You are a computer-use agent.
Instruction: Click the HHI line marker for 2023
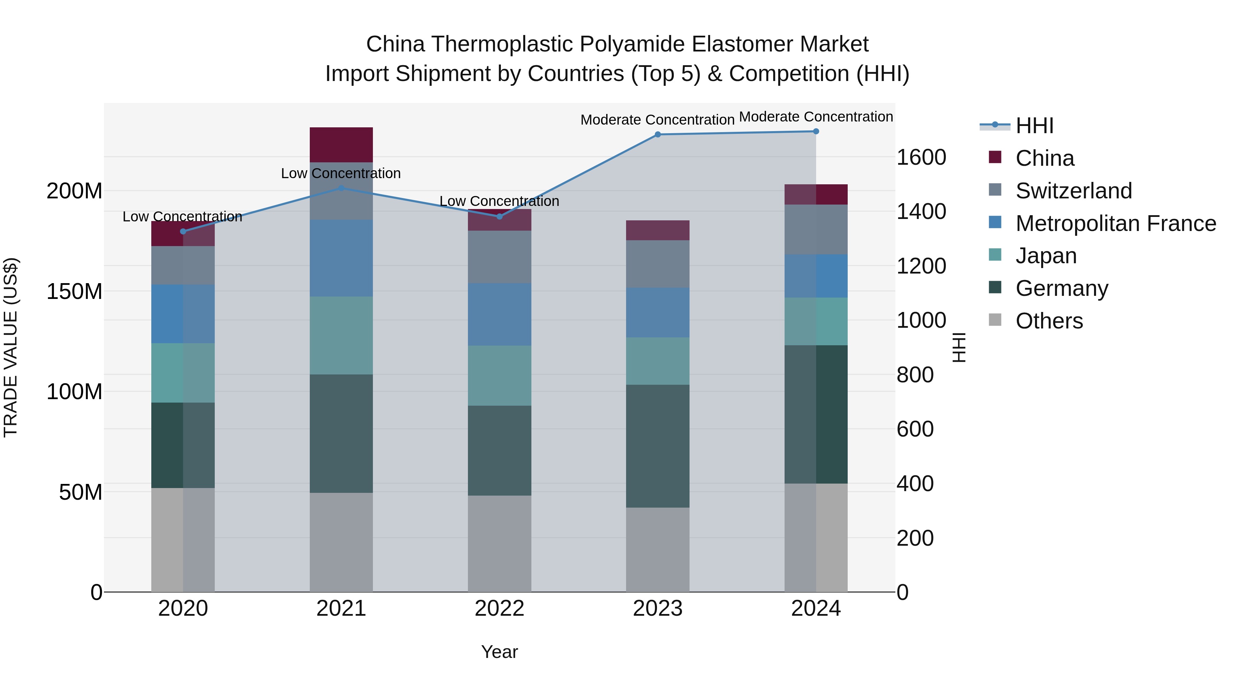[x=658, y=135]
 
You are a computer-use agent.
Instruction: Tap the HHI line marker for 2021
[x=341, y=188]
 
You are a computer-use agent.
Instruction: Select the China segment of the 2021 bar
[x=341, y=145]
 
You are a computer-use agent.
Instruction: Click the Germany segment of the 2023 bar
[x=658, y=446]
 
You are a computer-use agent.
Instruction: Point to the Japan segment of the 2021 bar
[x=341, y=335]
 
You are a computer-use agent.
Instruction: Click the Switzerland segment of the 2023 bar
[x=658, y=264]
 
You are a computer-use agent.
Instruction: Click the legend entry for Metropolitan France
[x=1115, y=223]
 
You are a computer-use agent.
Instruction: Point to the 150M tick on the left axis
[x=74, y=292]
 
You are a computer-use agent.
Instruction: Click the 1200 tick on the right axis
[x=921, y=266]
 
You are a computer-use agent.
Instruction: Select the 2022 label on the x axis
[x=499, y=609]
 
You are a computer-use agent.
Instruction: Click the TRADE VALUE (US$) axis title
[x=11, y=347]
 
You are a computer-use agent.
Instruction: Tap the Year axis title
[x=499, y=652]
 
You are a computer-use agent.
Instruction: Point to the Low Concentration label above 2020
[x=182, y=217]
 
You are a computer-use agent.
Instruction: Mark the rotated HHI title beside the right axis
[x=959, y=347]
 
